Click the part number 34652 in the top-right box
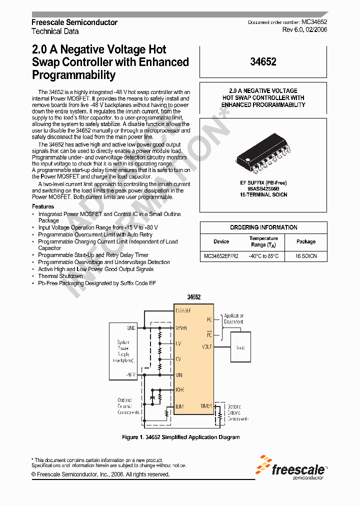pos(263,62)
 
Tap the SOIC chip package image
pos(263,156)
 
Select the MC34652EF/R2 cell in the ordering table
pos(221,256)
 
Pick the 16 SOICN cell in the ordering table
pos(305,256)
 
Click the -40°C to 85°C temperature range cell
pos(263,256)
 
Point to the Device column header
pos(221,241)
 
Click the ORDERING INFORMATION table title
pos(263,227)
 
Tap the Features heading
pos(43,206)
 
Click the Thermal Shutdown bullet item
pos(60,276)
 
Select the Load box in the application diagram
pos(240,347)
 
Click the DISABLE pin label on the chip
pos(183,311)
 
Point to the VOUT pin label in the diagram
pos(207,346)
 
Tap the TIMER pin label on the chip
pos(206,406)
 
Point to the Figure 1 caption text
pos(181,437)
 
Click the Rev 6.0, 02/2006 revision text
pos(304,30)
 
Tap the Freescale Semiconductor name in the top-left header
pos(74,22)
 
